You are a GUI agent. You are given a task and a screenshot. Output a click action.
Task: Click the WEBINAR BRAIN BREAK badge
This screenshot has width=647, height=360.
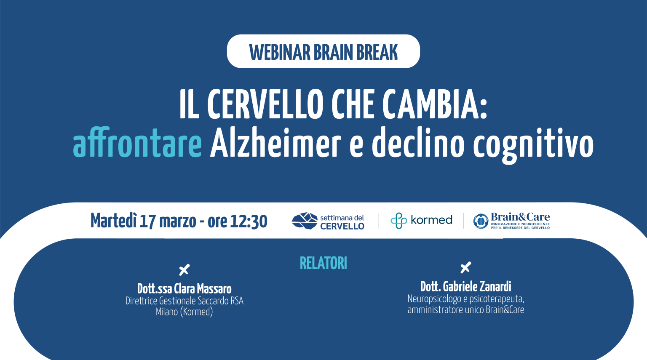click(x=323, y=51)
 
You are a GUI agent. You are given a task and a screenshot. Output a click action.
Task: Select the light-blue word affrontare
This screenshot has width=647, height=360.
click(x=137, y=144)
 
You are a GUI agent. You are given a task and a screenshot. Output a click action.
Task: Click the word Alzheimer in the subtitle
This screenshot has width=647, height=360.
click(x=275, y=144)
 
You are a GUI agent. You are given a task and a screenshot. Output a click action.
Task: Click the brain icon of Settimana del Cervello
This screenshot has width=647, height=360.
click(x=304, y=221)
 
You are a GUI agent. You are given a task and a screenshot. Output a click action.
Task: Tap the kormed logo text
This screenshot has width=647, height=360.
click(x=431, y=220)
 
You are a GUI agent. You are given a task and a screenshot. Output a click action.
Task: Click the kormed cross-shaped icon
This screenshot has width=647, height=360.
click(x=398, y=221)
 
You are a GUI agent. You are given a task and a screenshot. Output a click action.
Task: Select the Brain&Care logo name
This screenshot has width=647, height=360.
click(x=520, y=217)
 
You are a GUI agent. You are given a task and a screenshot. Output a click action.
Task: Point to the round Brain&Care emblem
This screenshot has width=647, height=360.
click(x=481, y=221)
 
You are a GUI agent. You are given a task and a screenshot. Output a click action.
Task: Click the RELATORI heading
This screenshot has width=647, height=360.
click(x=323, y=263)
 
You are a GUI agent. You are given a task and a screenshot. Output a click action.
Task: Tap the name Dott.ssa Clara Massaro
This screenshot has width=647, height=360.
click(x=184, y=289)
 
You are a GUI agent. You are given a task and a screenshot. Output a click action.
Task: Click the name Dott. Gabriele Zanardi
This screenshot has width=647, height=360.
click(x=465, y=287)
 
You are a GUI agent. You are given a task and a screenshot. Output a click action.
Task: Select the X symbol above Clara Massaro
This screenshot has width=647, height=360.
click(x=184, y=269)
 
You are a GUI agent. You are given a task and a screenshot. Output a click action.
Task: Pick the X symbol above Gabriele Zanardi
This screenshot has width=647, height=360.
click(x=465, y=267)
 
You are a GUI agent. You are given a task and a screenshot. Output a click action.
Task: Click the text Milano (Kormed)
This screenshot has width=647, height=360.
click(x=184, y=312)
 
